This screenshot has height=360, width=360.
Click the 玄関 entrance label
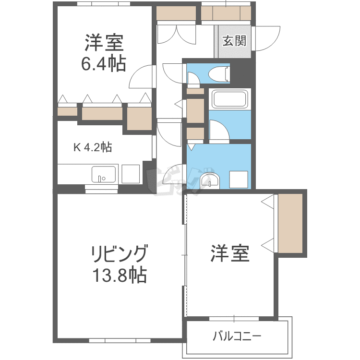[234, 41]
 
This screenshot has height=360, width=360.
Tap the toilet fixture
[219, 74]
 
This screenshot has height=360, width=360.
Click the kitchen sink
[104, 174]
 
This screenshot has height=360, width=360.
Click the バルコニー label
[237, 336]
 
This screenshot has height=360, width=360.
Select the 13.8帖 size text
[120, 275]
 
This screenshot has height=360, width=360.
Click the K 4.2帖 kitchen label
[93, 147]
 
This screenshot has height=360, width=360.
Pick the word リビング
[120, 253]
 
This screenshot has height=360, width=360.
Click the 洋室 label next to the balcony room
[230, 253]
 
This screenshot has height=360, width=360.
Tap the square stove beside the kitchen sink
[131, 174]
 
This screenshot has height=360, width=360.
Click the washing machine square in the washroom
[239, 180]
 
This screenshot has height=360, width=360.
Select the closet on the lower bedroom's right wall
[290, 223]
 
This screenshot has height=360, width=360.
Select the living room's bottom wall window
[120, 341]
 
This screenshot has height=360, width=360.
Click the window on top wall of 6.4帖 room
[104, 4]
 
